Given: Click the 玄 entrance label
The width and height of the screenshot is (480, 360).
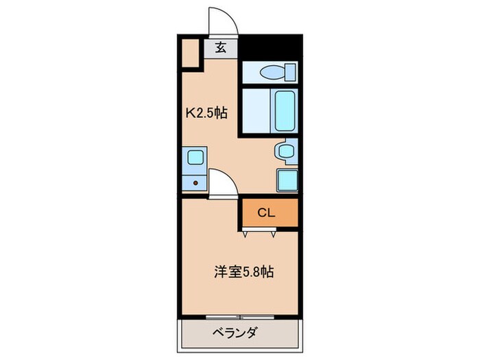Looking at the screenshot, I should pyautogui.click(x=221, y=48).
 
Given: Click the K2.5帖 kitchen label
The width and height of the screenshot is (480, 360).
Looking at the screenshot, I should pyautogui.click(x=206, y=114).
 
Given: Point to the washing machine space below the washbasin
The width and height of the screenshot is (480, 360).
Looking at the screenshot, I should pyautogui.click(x=287, y=180).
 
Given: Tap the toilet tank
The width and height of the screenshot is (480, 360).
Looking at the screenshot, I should pyautogui.click(x=291, y=71).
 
